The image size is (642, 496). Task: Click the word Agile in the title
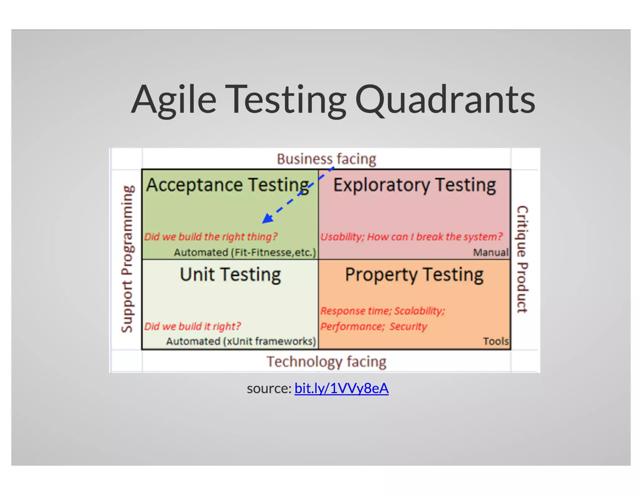point(174,100)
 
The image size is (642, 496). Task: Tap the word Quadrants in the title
point(445,100)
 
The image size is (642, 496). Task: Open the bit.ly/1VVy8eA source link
point(341,388)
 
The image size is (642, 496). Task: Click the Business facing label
point(326,159)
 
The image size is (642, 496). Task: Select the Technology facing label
point(326,361)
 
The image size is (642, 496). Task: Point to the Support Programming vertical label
point(127,259)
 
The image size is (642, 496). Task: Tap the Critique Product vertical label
point(522,259)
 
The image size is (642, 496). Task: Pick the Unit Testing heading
point(230,274)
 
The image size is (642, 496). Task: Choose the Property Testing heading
point(414,274)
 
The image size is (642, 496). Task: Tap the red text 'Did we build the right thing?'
point(211,236)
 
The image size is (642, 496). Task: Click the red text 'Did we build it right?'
point(192,326)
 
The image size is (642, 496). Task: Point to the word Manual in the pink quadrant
point(491,252)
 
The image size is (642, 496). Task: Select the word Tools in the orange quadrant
point(495,341)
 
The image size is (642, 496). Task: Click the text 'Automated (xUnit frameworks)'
point(241,341)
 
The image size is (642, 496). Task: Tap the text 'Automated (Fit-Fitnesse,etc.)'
point(245,252)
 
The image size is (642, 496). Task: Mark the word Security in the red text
point(408,326)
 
